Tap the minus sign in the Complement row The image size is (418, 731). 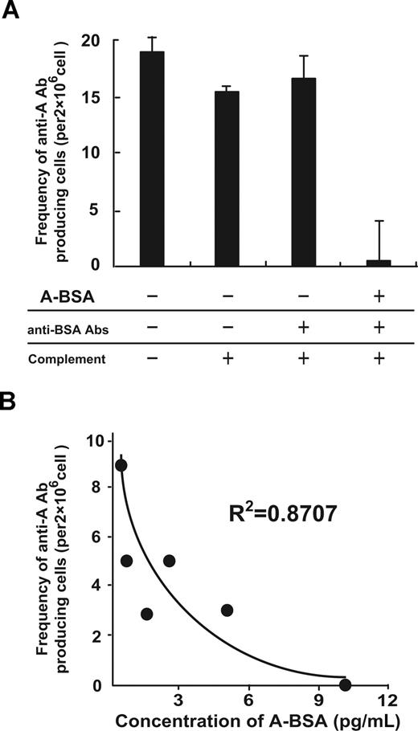(152, 360)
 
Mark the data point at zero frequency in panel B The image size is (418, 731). (345, 684)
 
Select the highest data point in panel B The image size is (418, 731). (121, 465)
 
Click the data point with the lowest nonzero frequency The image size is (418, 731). (146, 614)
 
